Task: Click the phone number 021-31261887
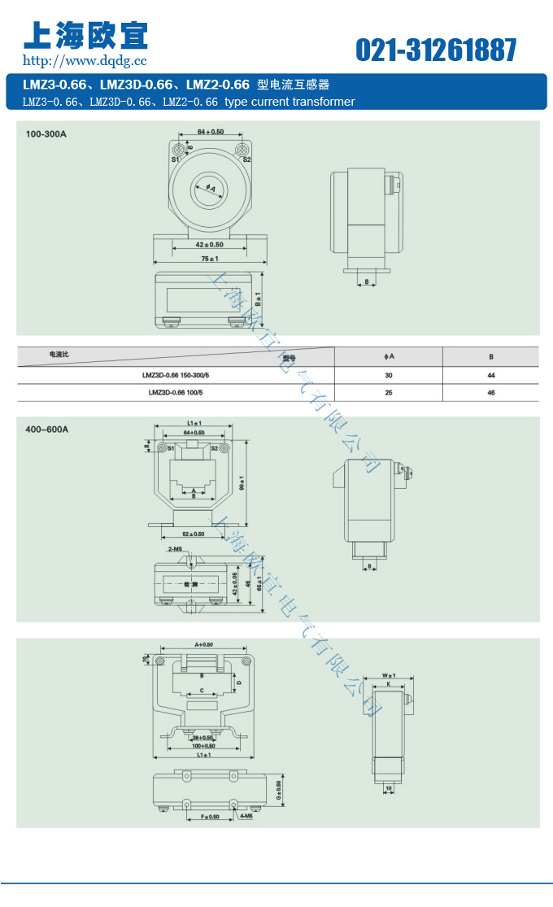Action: coord(436,50)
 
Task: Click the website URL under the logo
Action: coord(85,60)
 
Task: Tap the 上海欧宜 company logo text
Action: coord(85,33)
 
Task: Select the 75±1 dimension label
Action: coord(210,259)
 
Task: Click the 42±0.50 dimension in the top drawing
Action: coord(210,244)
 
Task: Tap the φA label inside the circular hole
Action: coord(211,190)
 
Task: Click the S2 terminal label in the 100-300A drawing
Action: coord(247,160)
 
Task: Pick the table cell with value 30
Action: coord(389,376)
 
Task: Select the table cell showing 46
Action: coord(491,392)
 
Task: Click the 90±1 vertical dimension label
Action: coord(242,484)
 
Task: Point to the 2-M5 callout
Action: coord(174,551)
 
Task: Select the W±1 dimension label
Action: coord(388,675)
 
